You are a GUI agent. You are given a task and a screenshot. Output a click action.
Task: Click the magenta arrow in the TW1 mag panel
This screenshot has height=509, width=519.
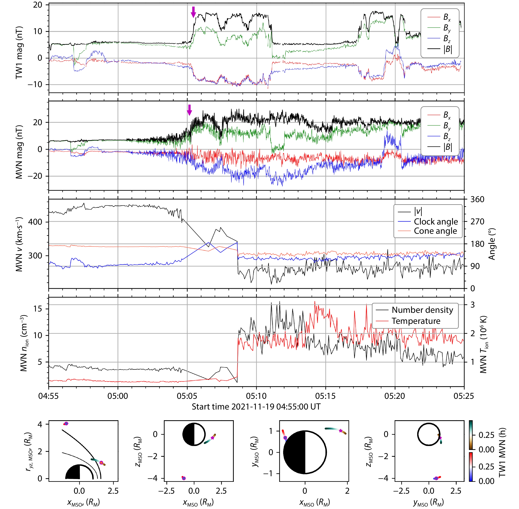pyautogui.click(x=193, y=12)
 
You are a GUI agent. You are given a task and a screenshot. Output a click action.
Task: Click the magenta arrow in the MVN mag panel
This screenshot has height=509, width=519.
pyautogui.click(x=189, y=110)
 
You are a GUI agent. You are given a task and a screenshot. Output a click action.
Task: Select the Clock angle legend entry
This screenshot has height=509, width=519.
pyautogui.click(x=436, y=221)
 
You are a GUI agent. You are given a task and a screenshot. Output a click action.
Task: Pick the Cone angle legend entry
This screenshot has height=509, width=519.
pyautogui.click(x=435, y=231)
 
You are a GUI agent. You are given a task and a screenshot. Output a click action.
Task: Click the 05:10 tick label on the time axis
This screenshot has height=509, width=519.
pyautogui.click(x=256, y=396)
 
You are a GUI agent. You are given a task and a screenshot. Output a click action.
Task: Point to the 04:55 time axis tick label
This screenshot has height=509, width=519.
pyautogui.click(x=48, y=396)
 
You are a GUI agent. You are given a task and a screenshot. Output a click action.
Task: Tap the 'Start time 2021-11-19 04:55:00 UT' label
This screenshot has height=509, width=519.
pyautogui.click(x=256, y=407)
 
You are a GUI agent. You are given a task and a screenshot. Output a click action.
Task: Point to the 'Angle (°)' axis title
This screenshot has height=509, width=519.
pyautogui.click(x=491, y=244)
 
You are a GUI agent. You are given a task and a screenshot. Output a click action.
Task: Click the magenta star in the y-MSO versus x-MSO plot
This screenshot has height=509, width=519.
pyautogui.click(x=340, y=431)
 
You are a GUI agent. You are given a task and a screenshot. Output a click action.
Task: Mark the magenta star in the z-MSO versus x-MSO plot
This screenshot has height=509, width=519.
pyautogui.click(x=212, y=438)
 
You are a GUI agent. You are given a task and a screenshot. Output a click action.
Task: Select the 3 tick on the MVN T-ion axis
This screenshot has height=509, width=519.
pyautogui.click(x=473, y=304)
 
